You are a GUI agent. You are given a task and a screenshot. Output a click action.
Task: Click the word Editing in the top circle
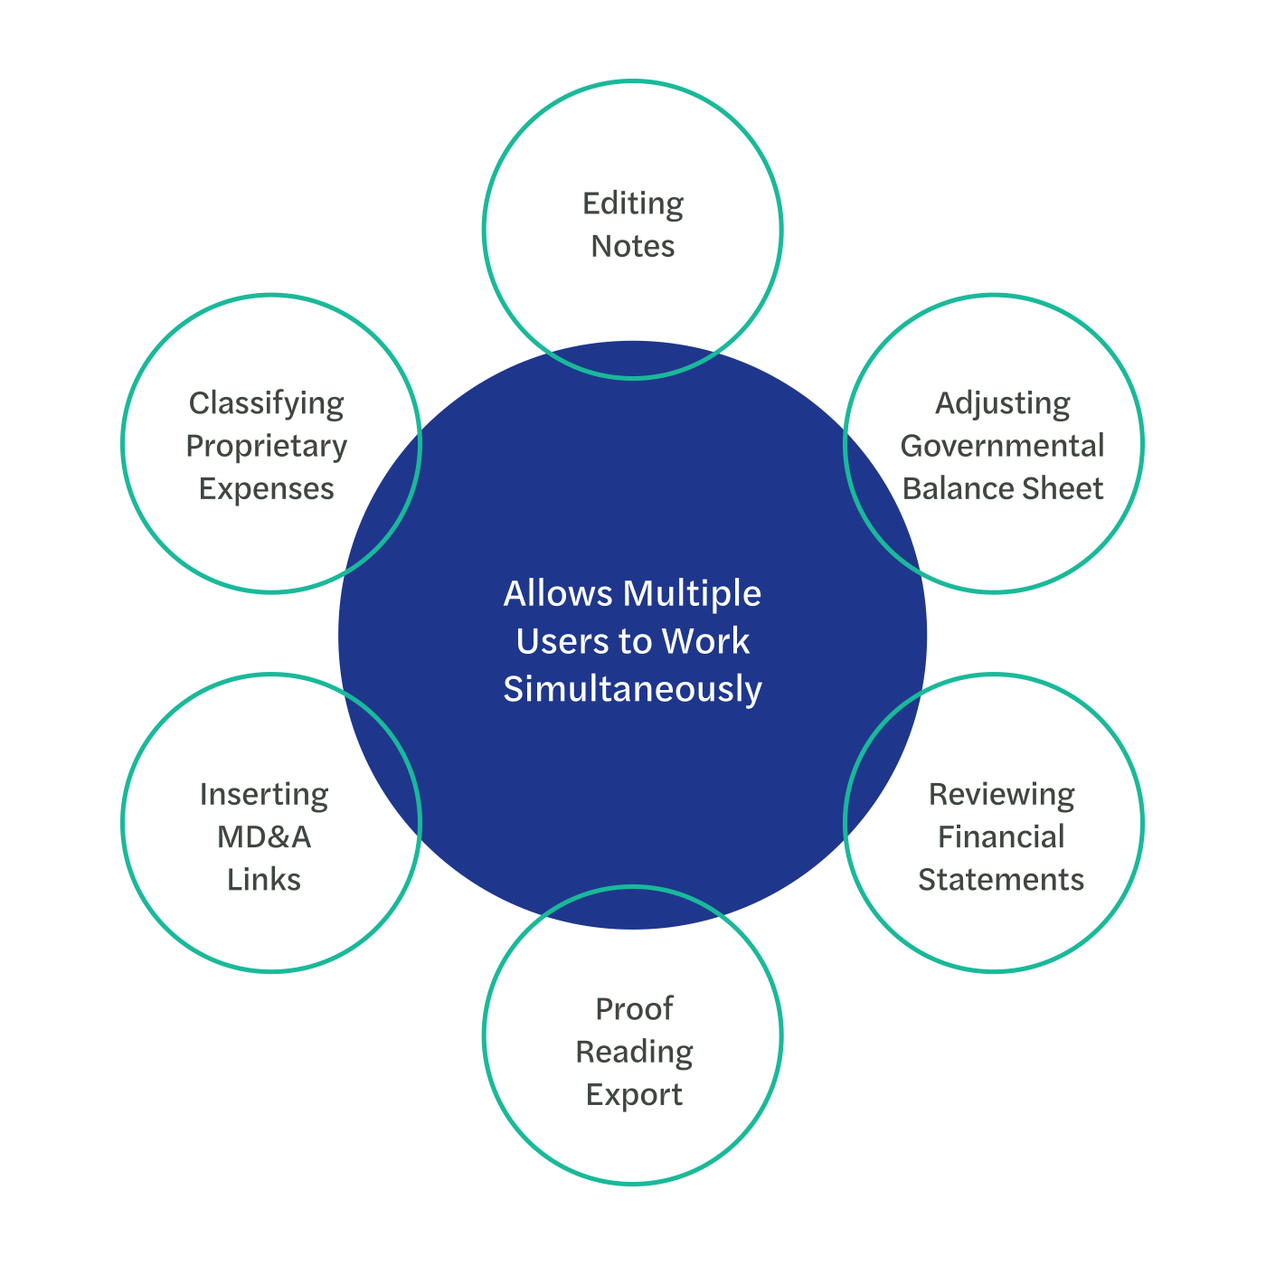pos(633,204)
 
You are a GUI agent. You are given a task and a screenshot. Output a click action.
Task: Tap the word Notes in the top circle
pos(633,246)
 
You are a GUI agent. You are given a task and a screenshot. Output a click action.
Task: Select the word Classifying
pos(267,403)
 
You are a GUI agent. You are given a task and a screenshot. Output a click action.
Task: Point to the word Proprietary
pos(267,446)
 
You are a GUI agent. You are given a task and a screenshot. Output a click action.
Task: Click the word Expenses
pos(267,488)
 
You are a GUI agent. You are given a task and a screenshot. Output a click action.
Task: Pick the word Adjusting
pos(1002,403)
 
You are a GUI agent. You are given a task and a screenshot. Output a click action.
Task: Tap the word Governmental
pos(1002,446)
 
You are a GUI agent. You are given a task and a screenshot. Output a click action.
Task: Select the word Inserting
pos(264,794)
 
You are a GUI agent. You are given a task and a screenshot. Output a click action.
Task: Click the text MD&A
pos(264,837)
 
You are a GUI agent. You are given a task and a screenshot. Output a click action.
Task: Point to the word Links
pos(264,880)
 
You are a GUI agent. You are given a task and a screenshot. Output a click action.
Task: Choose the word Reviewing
pos(1001,794)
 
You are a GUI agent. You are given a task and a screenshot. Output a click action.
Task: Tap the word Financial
pos(1001,837)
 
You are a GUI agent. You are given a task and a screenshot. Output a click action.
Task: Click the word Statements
pos(1001,880)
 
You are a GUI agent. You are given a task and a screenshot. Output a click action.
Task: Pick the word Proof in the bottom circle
pos(634,1009)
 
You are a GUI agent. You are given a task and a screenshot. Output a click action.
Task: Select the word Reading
pos(634,1052)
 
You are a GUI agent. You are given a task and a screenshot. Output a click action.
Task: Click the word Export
pos(634,1094)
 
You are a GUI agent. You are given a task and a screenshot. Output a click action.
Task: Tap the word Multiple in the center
pos(692,594)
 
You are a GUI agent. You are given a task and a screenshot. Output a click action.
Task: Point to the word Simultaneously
pos(633,689)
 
